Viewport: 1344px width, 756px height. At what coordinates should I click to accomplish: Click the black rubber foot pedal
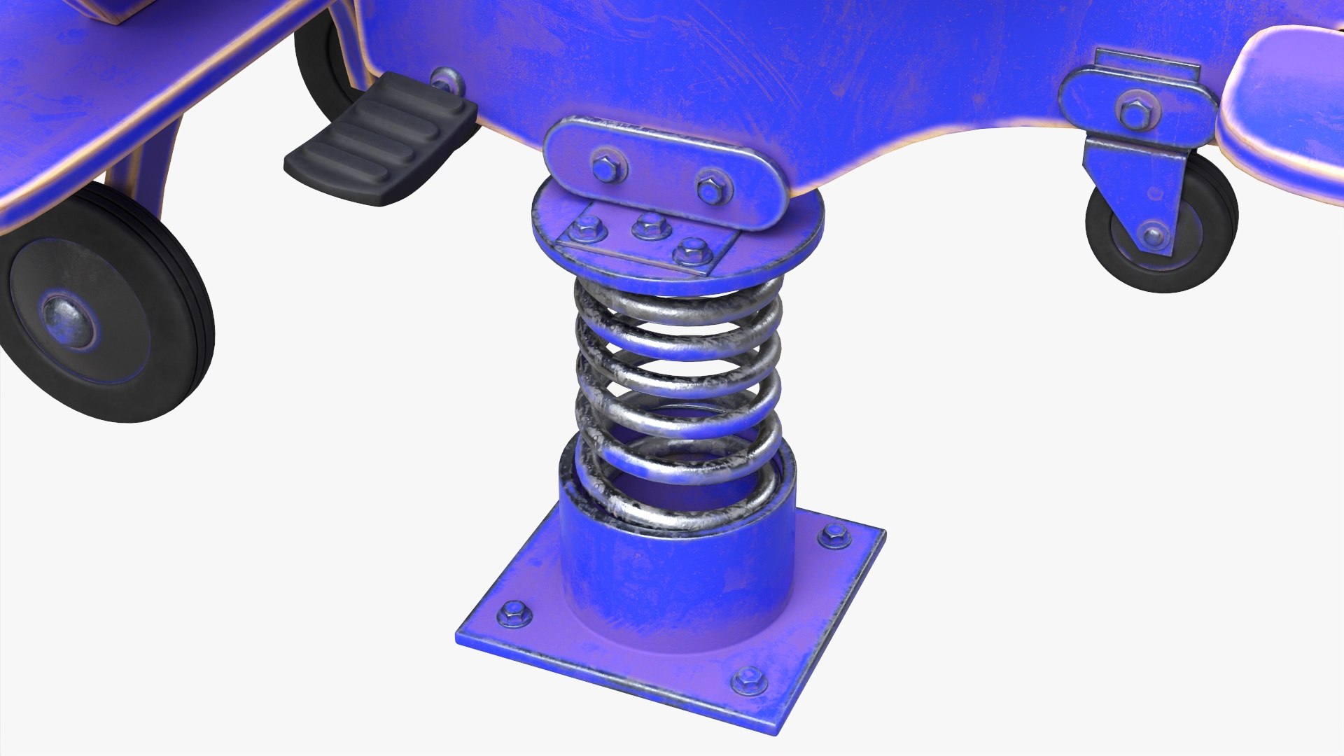[381, 140]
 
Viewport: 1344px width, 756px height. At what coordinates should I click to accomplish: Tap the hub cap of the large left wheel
[68, 320]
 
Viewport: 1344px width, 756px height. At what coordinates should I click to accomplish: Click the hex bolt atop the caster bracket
[1133, 111]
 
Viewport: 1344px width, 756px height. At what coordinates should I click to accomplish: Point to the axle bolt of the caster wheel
[1152, 234]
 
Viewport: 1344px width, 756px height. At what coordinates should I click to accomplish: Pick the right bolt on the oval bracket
[714, 188]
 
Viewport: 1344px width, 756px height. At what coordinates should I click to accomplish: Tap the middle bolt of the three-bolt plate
[650, 225]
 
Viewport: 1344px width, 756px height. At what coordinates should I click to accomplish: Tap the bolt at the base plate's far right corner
[834, 536]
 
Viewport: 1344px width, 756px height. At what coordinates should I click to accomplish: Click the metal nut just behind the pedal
[447, 80]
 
